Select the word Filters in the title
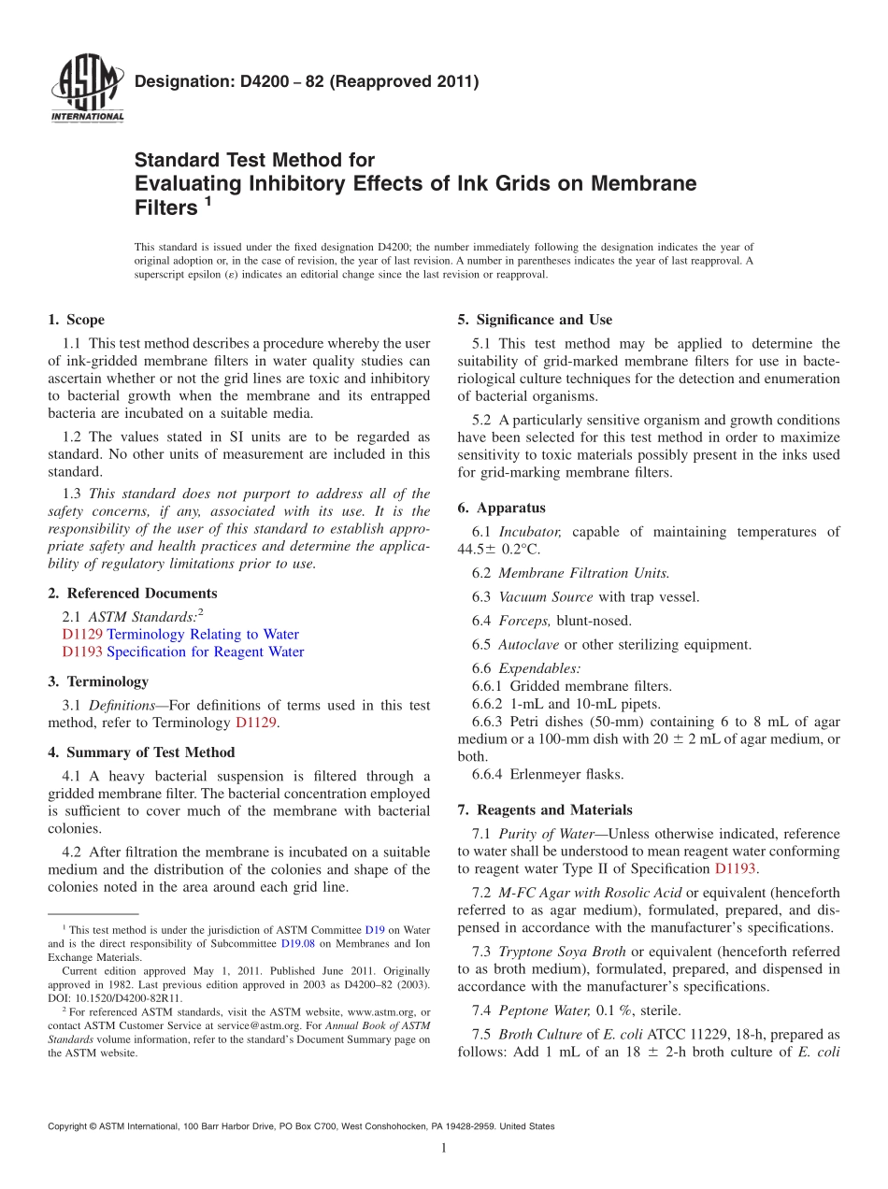pos(166,208)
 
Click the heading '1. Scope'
pos(76,320)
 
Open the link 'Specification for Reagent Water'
pos(205,652)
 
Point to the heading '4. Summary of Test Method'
pos(141,752)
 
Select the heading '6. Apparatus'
pos(501,509)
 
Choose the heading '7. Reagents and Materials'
pos(545,810)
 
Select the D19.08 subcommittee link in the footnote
pos(294,944)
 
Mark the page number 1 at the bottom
pos(444,1148)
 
